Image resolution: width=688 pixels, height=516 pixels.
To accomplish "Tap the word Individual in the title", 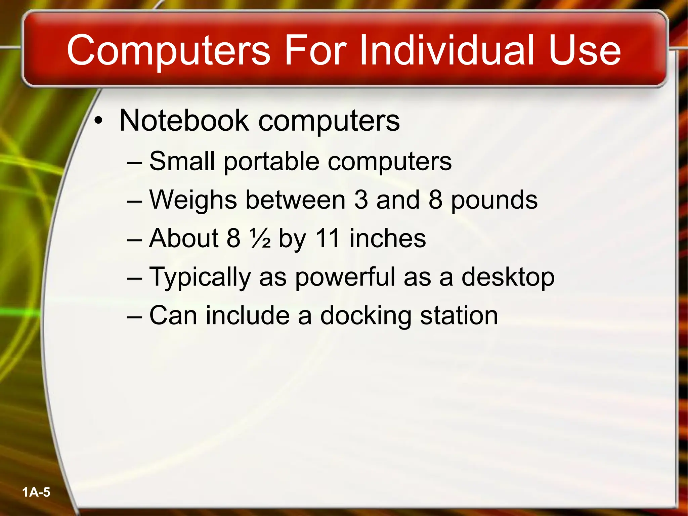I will click(446, 50).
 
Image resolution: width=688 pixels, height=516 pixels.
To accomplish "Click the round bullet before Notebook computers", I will click(98, 121).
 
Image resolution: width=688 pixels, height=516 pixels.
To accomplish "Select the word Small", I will click(182, 161).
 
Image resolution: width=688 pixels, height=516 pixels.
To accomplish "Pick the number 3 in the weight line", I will click(361, 200).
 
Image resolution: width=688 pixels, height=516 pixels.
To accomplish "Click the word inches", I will click(388, 239).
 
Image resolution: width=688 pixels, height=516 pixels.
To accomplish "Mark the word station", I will click(459, 316).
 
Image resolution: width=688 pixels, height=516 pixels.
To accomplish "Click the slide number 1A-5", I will click(36, 492).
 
